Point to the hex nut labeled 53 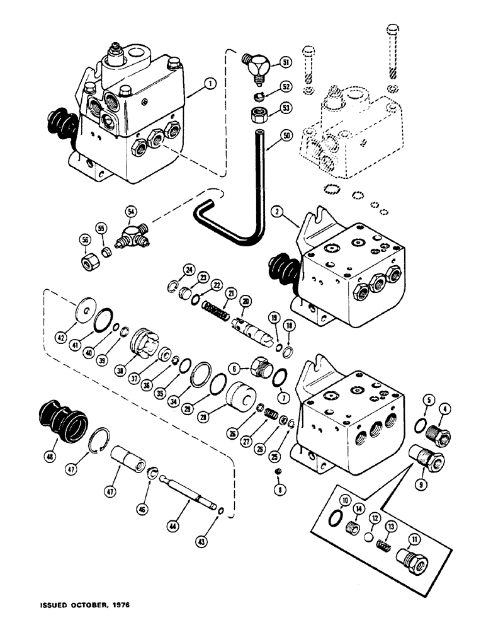(258, 115)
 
